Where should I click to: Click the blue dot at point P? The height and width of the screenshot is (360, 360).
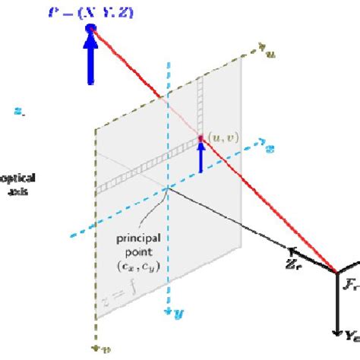pos(92,30)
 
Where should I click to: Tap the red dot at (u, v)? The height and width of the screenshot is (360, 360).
pos(201,138)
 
